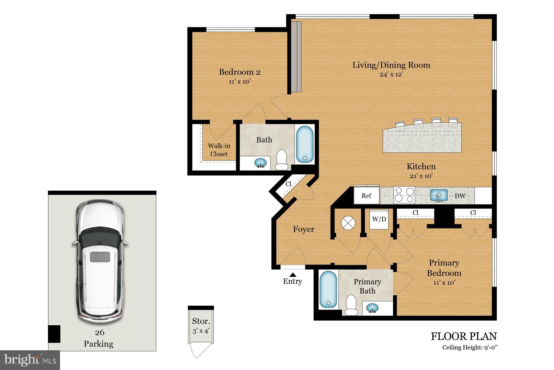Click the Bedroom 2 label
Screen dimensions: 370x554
pos(239,72)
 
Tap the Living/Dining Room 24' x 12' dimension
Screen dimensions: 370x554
pos(391,75)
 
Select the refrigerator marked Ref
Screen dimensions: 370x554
pos(366,195)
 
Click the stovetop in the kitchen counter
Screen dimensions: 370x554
pos(404,195)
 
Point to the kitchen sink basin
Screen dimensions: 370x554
pos(439,195)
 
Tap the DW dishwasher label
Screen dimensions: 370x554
pos(460,196)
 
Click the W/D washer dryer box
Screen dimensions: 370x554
pos(379,219)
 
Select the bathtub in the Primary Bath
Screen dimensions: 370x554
pos(328,290)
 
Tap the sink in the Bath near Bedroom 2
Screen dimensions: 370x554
pos(261,163)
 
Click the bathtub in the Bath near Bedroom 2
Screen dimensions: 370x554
pos(305,145)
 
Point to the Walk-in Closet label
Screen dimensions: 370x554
pos(219,150)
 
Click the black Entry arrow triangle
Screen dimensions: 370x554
pos(293,275)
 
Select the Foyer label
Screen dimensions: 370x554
pos(303,229)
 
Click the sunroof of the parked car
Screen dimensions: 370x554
pos(100,257)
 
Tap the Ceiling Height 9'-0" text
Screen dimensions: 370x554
pos(470,347)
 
